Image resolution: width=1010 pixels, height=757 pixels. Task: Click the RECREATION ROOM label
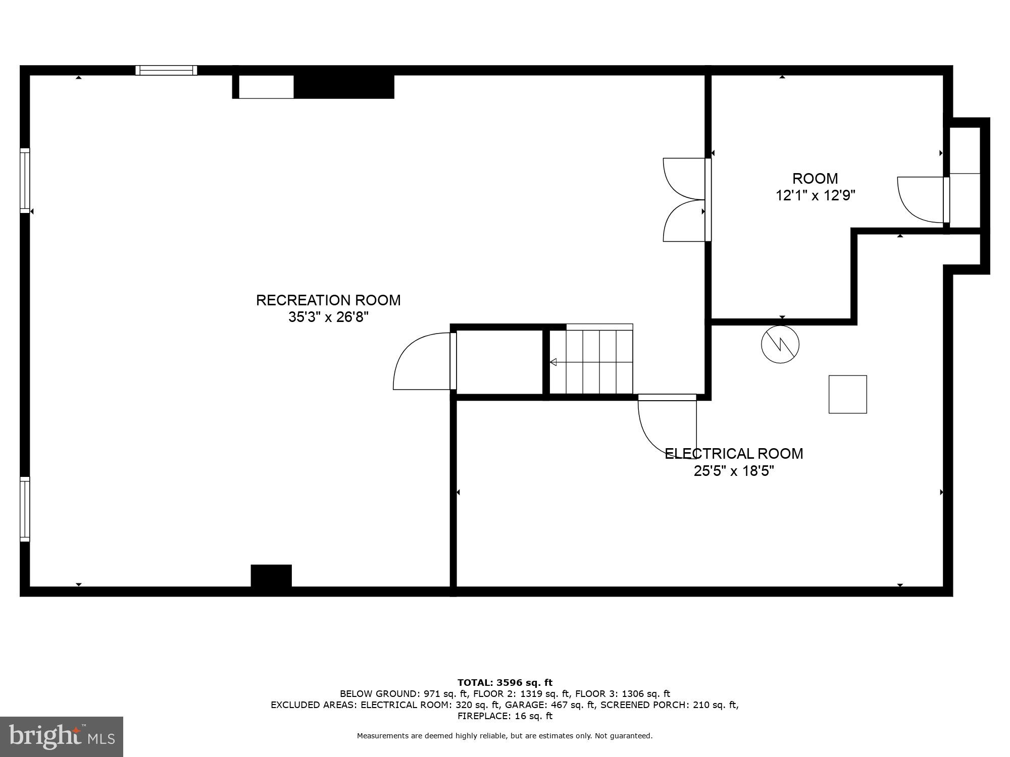point(328,300)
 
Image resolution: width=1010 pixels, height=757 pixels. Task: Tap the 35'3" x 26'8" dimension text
point(328,317)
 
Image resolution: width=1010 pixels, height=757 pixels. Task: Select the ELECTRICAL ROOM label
point(734,454)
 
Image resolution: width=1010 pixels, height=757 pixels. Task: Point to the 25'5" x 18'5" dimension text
point(734,471)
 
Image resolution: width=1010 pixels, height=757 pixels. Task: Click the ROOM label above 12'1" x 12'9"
point(815,179)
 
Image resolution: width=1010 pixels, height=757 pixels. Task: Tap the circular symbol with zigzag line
point(780,345)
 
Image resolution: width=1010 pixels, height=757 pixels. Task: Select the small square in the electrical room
point(847,394)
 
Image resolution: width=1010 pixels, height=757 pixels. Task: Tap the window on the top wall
point(166,70)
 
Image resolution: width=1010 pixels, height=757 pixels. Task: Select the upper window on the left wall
point(25,180)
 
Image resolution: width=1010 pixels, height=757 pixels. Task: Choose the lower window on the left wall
point(25,509)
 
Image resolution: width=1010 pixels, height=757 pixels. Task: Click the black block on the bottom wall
point(271,576)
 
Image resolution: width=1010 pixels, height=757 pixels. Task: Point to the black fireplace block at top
point(343,87)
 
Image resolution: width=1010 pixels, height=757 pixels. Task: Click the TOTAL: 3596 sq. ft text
point(504,683)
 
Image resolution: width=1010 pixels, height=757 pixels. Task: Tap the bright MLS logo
point(62,736)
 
